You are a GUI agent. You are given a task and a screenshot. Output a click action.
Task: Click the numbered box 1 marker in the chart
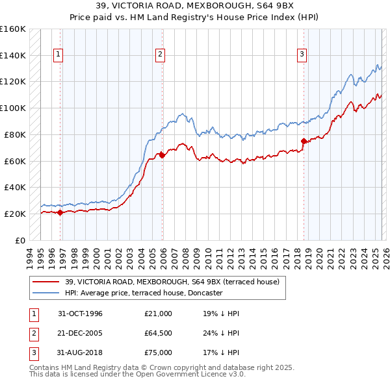58,55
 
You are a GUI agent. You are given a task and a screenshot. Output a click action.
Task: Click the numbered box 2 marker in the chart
160,55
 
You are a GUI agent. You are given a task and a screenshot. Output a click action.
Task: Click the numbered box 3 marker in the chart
302,55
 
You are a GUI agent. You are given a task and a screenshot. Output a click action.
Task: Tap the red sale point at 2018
304,141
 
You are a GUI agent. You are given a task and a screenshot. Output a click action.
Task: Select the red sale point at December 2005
162,154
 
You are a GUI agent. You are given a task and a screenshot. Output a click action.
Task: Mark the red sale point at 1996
60,212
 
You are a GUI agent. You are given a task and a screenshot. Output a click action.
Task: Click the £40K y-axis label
15,187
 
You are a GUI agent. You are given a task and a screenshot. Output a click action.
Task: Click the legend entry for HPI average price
144,293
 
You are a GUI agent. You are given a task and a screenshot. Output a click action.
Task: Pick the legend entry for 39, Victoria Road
172,282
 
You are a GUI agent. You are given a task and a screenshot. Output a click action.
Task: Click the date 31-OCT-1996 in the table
80,314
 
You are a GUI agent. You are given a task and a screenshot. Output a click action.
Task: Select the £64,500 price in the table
158,333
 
